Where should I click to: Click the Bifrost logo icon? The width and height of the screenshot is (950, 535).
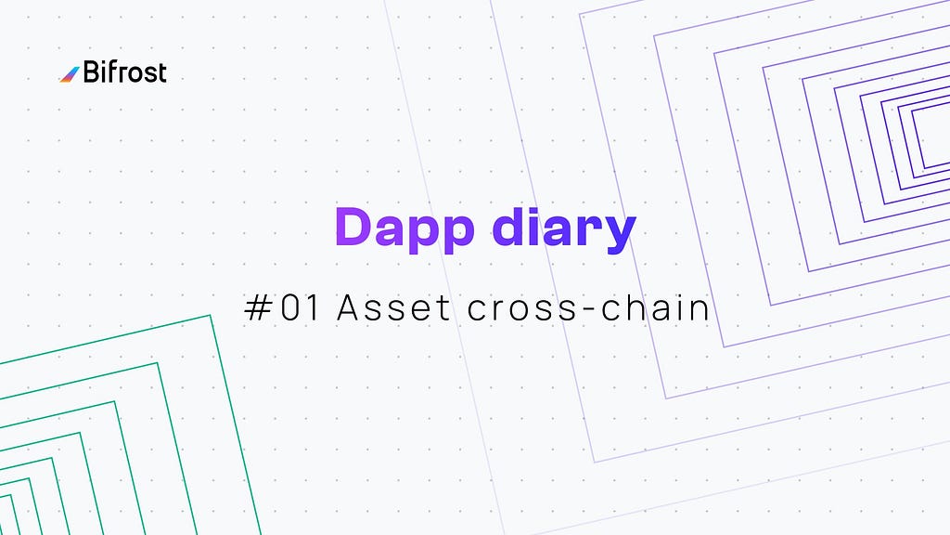click(70, 74)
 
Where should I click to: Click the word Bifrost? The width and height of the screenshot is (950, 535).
click(125, 72)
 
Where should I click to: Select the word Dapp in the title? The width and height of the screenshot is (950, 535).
click(404, 229)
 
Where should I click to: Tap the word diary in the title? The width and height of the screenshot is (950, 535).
click(564, 229)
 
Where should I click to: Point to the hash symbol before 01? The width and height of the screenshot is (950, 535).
click(258, 307)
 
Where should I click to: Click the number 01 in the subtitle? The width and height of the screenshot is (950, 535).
click(300, 307)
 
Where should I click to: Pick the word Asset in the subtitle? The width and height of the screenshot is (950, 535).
click(393, 307)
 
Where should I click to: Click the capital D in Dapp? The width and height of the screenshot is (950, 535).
click(353, 227)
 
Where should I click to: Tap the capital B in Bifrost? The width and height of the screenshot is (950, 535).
click(92, 72)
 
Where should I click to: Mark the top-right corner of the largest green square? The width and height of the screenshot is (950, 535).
click(211, 316)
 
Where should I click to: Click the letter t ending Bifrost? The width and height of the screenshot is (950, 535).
click(161, 73)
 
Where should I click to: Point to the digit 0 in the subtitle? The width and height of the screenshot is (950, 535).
click(290, 307)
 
